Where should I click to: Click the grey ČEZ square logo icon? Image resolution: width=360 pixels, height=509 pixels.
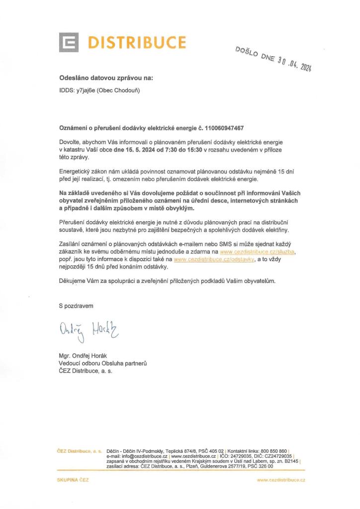[x=69, y=42]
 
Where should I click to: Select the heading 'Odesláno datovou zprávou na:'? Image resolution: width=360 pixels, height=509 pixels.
[x=106, y=79]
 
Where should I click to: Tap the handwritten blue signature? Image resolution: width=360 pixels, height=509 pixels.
[x=90, y=329]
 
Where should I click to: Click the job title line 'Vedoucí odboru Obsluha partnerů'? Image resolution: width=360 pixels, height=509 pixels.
[x=103, y=363]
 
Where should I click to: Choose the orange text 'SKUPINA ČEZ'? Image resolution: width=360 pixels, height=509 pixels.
[x=74, y=480]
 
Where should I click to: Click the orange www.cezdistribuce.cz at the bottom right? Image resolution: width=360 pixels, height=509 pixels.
[x=281, y=480]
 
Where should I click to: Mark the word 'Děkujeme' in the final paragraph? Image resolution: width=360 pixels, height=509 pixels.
[x=74, y=281]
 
